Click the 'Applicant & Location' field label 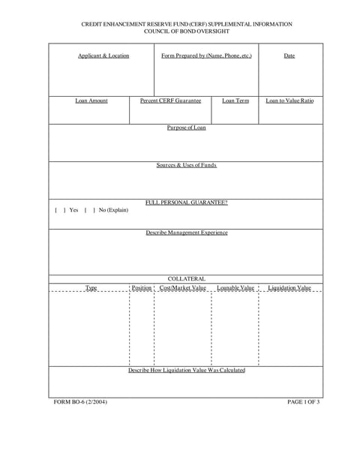click(103, 56)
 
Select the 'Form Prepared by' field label click(206, 56)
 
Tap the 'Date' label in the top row click(289, 56)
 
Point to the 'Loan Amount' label click(91, 101)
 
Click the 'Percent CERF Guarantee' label click(170, 101)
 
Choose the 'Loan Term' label click(235, 101)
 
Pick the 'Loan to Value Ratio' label click(289, 101)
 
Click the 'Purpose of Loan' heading click(186, 128)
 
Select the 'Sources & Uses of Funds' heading click(186, 165)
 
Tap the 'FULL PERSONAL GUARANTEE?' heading click(186, 203)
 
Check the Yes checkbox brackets click(60, 210)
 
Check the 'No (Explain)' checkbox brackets click(89, 210)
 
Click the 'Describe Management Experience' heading click(186, 233)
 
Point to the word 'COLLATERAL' click(186, 279)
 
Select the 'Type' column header click(91, 287)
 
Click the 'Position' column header click(142, 287)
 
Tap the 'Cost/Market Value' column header click(183, 287)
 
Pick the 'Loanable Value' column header click(235, 287)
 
